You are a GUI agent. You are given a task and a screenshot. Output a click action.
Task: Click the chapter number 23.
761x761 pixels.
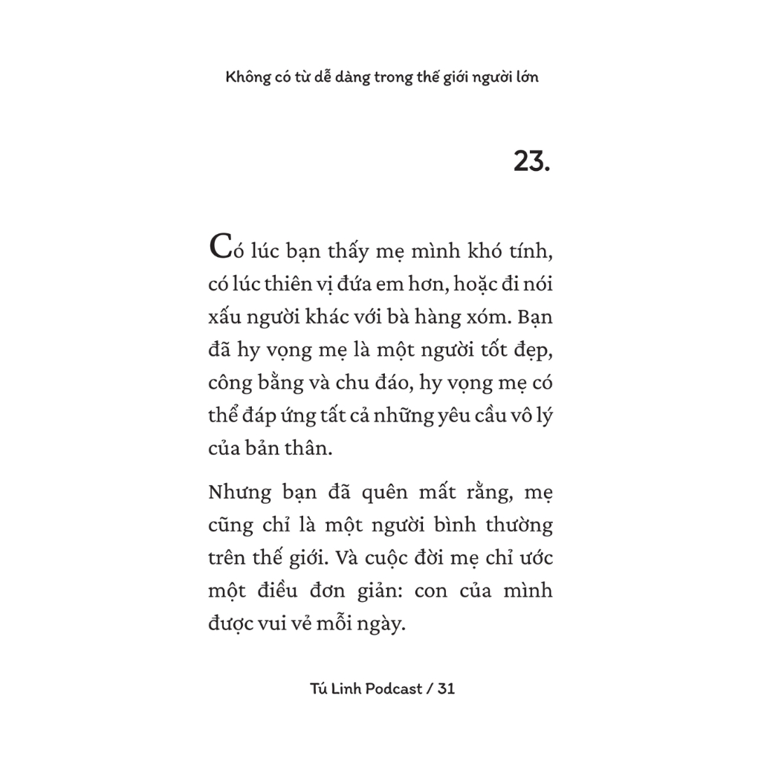[x=531, y=161]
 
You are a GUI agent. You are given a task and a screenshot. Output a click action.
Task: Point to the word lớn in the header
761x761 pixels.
[x=524, y=78]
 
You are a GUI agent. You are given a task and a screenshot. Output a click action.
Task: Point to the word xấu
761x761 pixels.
[x=225, y=317]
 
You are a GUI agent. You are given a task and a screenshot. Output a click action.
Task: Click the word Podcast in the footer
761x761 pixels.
[x=392, y=689]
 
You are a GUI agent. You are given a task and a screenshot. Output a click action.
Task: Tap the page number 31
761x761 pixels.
[x=446, y=688]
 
